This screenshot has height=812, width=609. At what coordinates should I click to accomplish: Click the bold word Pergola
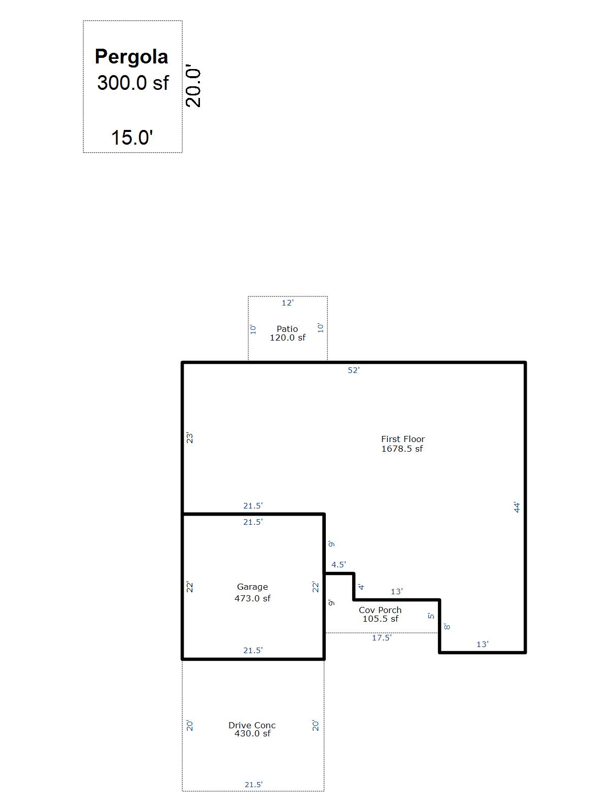click(131, 57)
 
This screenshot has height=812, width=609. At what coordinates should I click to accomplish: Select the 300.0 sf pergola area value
click(133, 83)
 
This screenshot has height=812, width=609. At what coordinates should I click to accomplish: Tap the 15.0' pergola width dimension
click(132, 137)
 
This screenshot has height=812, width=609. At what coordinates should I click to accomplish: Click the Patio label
click(287, 328)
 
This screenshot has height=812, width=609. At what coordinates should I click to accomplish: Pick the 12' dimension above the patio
click(288, 302)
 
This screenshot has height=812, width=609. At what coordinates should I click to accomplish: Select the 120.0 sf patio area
click(288, 337)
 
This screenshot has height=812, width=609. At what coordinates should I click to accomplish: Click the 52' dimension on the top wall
click(354, 370)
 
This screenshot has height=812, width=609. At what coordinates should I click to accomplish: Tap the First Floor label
click(403, 439)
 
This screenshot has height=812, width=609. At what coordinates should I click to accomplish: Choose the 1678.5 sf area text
click(402, 448)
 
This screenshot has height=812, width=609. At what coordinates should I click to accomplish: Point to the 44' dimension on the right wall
click(517, 507)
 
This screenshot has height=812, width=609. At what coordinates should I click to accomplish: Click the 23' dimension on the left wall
click(189, 437)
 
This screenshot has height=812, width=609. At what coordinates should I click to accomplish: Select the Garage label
click(253, 587)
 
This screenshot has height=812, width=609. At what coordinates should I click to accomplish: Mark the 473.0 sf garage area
click(253, 598)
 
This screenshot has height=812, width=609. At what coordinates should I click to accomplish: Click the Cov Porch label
click(380, 610)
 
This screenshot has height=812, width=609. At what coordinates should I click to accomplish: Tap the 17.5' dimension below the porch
click(382, 638)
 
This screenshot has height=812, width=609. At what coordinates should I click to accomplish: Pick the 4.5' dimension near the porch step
click(339, 564)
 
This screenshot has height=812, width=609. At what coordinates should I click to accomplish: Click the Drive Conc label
click(252, 725)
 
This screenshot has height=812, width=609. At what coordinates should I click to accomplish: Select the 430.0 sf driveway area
click(253, 733)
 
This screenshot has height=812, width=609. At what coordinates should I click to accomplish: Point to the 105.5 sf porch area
click(381, 619)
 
